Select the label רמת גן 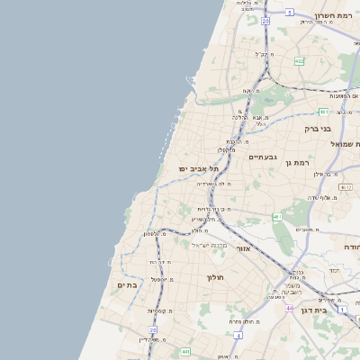(x=294, y=161)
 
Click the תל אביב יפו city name (x=193, y=168)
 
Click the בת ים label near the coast (x=126, y=284)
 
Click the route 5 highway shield (x=290, y=12)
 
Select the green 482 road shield (x=299, y=61)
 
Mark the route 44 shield (x=289, y=309)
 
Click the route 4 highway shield (x=238, y=334)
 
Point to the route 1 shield (x=342, y=310)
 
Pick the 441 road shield (x=184, y=351)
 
